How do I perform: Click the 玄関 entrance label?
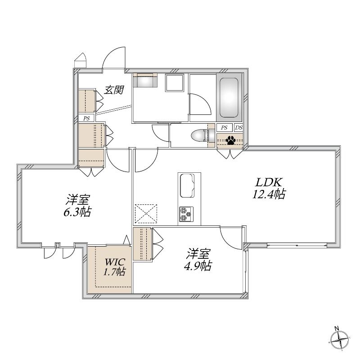point(114,90)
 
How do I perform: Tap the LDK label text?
point(269,183)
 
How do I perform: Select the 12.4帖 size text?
point(269,194)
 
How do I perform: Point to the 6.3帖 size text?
point(77,211)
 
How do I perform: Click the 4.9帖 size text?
point(198,265)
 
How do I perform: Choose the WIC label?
point(115,261)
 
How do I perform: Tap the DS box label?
point(238,128)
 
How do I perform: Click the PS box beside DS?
point(224,128)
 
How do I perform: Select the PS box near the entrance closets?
point(86,118)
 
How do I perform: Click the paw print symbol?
point(230,140)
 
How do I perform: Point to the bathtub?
point(229,98)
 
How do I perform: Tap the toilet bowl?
point(199,136)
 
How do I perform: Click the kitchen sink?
point(187,185)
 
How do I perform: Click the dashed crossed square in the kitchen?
point(146,213)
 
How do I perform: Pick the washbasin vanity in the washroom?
point(145,80)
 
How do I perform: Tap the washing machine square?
point(175,83)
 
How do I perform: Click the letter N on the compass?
point(337,328)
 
